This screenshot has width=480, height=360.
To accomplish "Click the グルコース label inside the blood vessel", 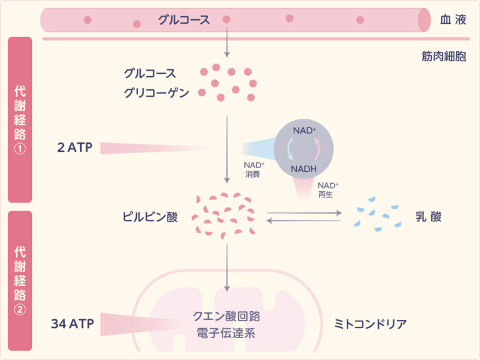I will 184,19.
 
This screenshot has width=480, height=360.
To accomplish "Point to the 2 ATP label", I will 73,147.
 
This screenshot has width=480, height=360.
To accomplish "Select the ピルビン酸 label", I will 151,217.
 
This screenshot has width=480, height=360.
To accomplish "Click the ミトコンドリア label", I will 371,324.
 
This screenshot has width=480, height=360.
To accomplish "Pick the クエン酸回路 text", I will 226,316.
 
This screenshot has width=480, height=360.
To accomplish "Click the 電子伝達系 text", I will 226,333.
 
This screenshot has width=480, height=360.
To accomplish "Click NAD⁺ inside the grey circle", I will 304,131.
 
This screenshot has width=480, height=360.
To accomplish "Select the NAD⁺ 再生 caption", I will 328,190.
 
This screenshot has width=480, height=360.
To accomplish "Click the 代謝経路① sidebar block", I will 20,119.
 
